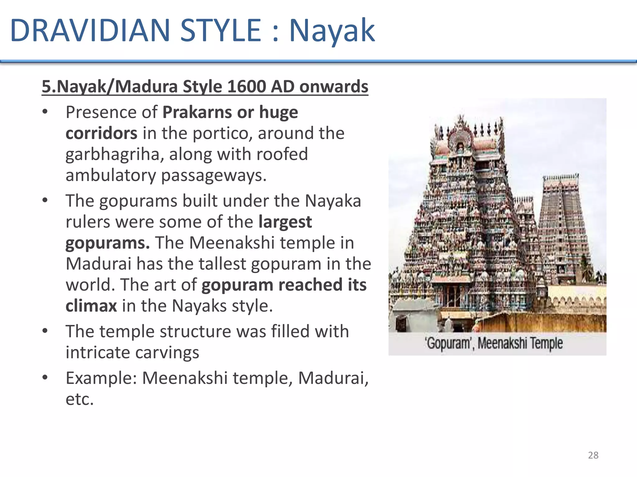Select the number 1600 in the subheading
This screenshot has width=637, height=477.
click(246, 86)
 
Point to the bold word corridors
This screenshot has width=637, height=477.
click(101, 133)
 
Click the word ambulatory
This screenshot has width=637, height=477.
click(110, 175)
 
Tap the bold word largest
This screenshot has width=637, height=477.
click(285, 222)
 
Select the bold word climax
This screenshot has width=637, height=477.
click(91, 306)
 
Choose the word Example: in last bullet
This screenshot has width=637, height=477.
click(101, 378)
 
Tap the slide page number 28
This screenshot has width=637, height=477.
click(593, 455)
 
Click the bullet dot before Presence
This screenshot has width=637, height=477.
click(45, 112)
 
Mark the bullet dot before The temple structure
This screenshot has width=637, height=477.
click(45, 331)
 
